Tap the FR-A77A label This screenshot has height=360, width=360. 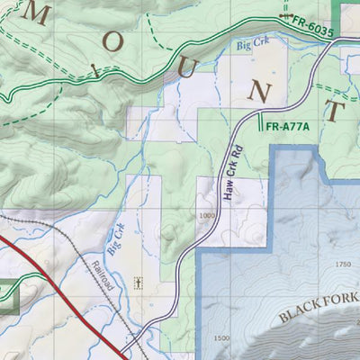coord(288,126)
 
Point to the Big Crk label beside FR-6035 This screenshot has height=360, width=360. coord(253,42)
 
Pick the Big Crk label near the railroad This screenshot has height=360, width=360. coord(114,239)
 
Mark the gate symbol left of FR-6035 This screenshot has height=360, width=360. coord(286,16)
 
